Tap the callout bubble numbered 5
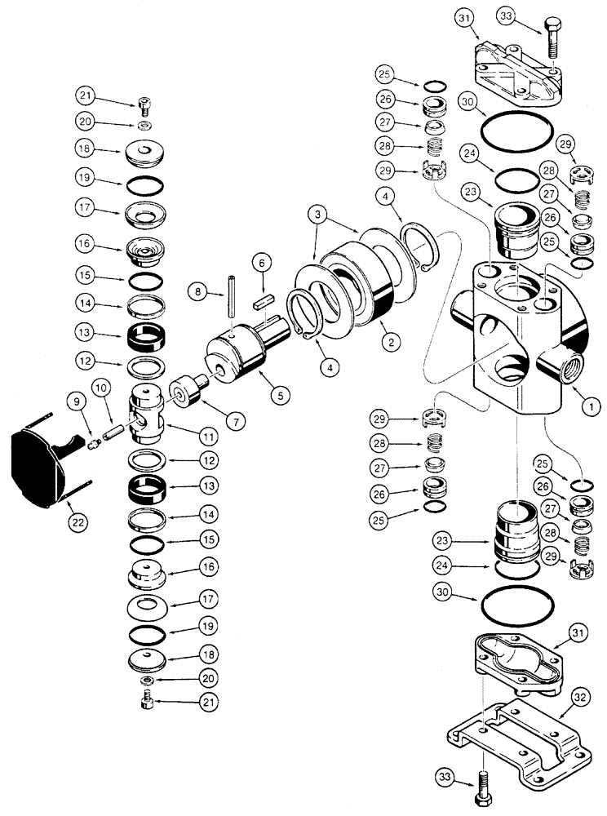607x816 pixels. [x=280, y=395]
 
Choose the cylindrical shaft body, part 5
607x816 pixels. [x=242, y=356]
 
